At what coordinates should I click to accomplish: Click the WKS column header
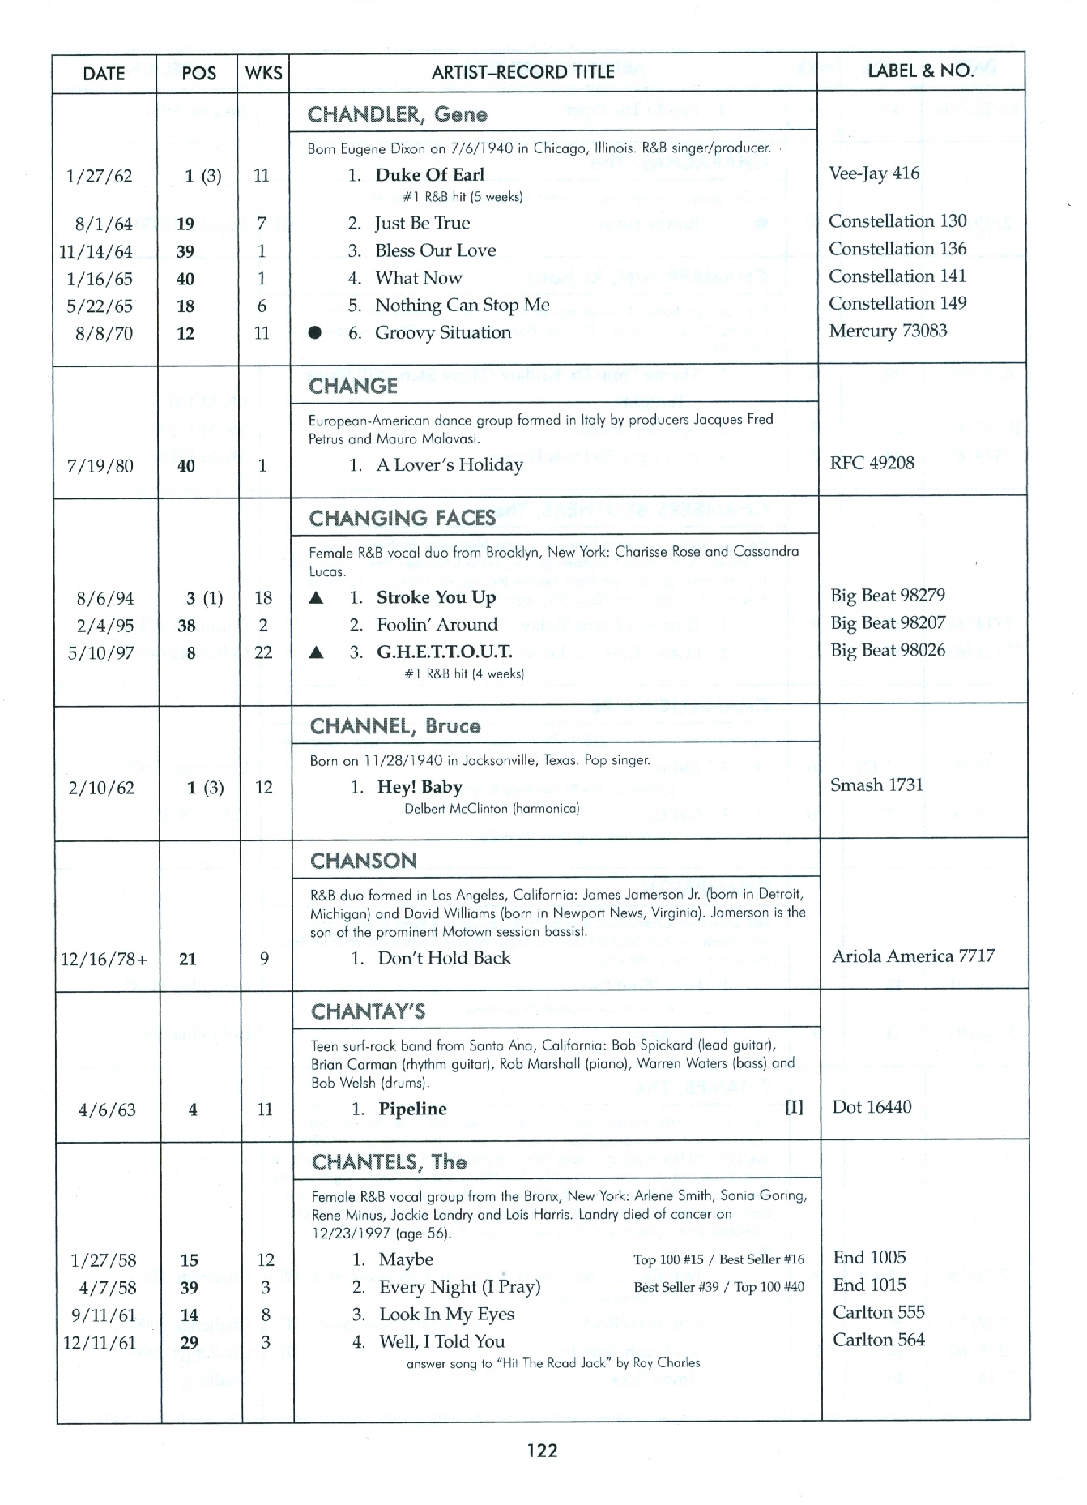coord(263,73)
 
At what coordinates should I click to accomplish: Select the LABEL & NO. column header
coord(920,71)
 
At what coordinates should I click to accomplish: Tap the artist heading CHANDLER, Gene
coord(397,114)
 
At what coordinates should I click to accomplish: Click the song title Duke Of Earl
coord(429,175)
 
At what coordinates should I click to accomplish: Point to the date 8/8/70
coord(104,333)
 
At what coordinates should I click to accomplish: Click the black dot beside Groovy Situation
coord(315,333)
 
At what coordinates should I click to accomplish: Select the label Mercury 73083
coord(888,331)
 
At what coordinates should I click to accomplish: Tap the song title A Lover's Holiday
coord(450,465)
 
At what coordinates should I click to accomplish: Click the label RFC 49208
coord(872,463)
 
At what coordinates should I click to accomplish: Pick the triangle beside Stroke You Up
coord(317,598)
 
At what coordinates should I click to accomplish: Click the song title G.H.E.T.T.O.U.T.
coord(444,652)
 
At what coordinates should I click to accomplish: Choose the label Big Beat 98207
coord(888,622)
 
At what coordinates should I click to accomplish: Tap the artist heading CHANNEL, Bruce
coord(394,726)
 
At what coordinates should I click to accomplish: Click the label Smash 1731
coord(876,785)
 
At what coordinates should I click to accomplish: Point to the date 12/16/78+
coord(104,960)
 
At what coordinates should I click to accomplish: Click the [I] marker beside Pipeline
coord(794,1107)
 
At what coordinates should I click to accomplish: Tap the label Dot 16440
coord(872,1107)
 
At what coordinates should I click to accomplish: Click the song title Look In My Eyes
coord(446,1315)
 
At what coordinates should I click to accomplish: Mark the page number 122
coord(542,1450)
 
